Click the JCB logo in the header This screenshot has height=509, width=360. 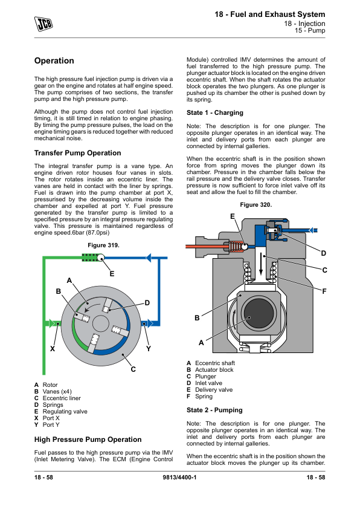[x=43, y=24]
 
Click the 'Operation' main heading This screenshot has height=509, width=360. [x=54, y=60]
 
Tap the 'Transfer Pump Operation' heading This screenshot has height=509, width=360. [x=77, y=153]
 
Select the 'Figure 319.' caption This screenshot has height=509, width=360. [x=103, y=245]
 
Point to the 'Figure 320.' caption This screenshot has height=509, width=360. [x=256, y=205]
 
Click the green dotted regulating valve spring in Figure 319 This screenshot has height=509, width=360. [x=89, y=258]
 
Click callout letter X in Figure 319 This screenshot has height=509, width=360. [x=53, y=349]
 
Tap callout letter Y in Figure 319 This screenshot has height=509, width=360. [x=149, y=349]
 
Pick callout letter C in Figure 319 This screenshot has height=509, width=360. [x=133, y=369]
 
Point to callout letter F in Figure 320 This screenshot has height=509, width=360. [x=324, y=292]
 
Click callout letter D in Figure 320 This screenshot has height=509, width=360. [x=323, y=253]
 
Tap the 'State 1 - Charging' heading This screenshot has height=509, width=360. [x=214, y=112]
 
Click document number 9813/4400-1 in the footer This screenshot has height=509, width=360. [x=179, y=478]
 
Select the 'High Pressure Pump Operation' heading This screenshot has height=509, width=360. [x=88, y=439]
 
